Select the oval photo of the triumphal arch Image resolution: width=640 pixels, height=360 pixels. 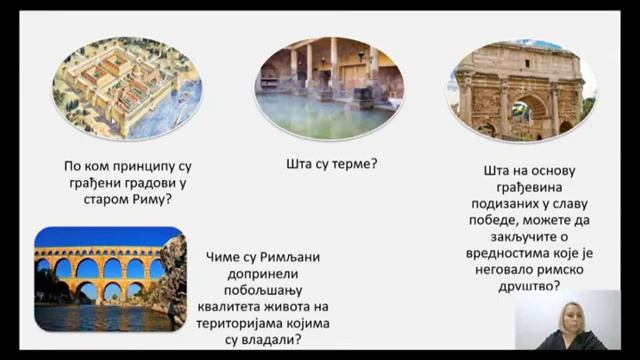(x=521, y=90)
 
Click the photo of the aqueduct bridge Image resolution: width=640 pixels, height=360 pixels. (x=110, y=279)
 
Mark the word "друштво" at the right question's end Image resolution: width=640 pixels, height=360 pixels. (x=522, y=286)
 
